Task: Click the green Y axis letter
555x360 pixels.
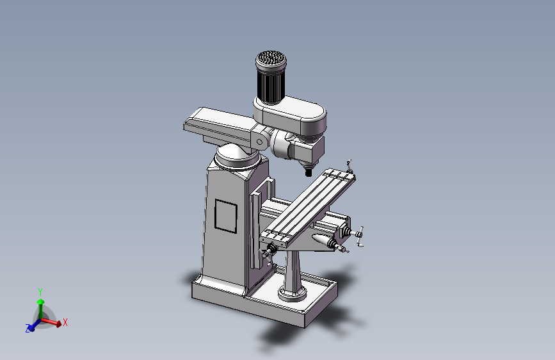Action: [x=40, y=292]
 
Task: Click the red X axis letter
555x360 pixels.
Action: [x=65, y=322]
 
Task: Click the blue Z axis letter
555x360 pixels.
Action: [x=28, y=329]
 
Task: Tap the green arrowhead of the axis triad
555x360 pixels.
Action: [x=41, y=302]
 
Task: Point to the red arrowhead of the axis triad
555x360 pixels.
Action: [x=58, y=323]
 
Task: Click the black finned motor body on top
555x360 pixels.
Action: [x=271, y=85]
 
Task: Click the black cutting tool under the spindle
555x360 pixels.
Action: [x=309, y=172]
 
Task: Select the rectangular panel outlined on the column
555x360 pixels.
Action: [x=226, y=216]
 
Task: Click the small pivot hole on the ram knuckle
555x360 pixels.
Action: [x=259, y=142]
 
